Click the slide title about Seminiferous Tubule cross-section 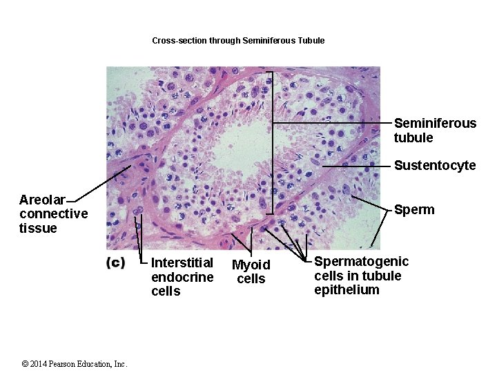click(x=238, y=41)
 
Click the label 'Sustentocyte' click(x=435, y=166)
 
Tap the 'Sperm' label click(x=414, y=210)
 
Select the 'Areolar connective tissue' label click(x=53, y=214)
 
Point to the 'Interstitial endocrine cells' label click(x=182, y=277)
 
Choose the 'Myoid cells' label click(x=251, y=271)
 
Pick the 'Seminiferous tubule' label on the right click(x=435, y=131)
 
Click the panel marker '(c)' click(x=115, y=262)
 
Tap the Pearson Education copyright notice click(x=75, y=364)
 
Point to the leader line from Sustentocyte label click(x=355, y=166)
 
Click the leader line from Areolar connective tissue click(x=104, y=183)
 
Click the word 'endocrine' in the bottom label click(x=182, y=277)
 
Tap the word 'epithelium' click(x=347, y=290)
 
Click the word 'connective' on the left click(x=53, y=214)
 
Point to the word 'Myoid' click(x=251, y=265)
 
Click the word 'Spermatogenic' click(x=361, y=262)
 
